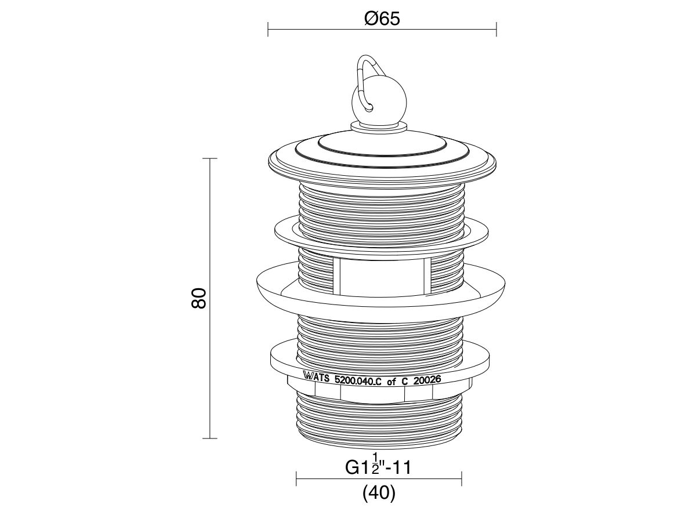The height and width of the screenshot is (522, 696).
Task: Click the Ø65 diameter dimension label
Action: click(x=382, y=19)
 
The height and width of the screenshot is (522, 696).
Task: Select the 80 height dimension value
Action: click(x=199, y=298)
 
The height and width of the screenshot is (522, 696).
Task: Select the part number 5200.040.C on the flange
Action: click(x=358, y=380)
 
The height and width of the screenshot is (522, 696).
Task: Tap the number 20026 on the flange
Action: click(x=427, y=380)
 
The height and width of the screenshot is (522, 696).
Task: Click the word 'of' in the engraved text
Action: click(x=391, y=381)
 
